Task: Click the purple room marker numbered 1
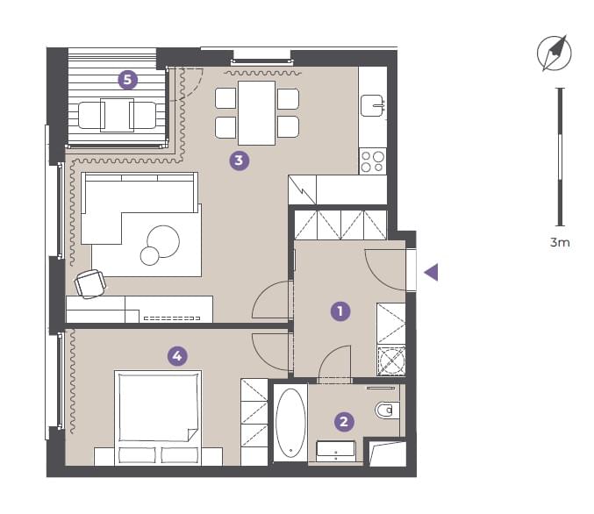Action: [x=340, y=311]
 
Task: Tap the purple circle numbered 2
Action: [x=344, y=422]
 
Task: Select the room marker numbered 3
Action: [x=239, y=161]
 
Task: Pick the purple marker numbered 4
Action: [x=177, y=356]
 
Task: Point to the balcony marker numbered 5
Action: [x=128, y=80]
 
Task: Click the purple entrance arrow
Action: [x=432, y=272]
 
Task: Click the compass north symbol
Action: [x=554, y=53]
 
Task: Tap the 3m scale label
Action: [x=560, y=242]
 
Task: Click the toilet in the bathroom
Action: [x=387, y=410]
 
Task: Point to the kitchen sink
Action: [x=372, y=105]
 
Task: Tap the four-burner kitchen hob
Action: [x=372, y=161]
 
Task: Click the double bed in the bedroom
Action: [x=158, y=418]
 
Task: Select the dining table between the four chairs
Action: [x=256, y=113]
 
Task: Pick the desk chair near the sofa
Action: [x=90, y=283]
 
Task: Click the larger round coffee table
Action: [x=163, y=241]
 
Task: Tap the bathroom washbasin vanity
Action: [x=336, y=451]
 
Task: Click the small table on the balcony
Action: [x=117, y=115]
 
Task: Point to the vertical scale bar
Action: [x=560, y=157]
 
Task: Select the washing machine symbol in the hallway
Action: [x=391, y=361]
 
